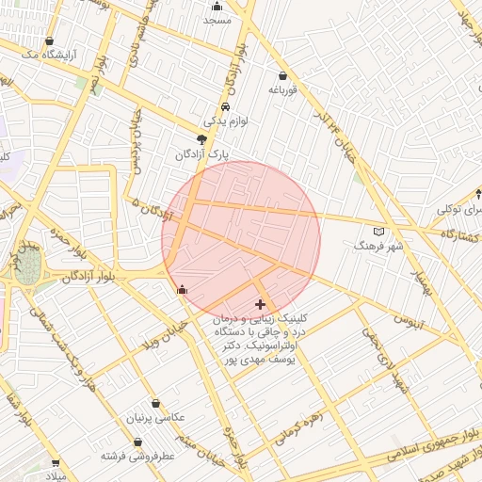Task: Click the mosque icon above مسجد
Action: coord(217,6)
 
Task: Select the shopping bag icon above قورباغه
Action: coord(283,75)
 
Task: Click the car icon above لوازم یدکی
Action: coord(226,107)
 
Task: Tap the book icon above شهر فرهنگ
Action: coord(379,231)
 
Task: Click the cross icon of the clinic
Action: coord(260,304)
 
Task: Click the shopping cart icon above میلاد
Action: coord(56,463)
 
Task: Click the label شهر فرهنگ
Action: coord(378,245)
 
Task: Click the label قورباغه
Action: coord(283,90)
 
